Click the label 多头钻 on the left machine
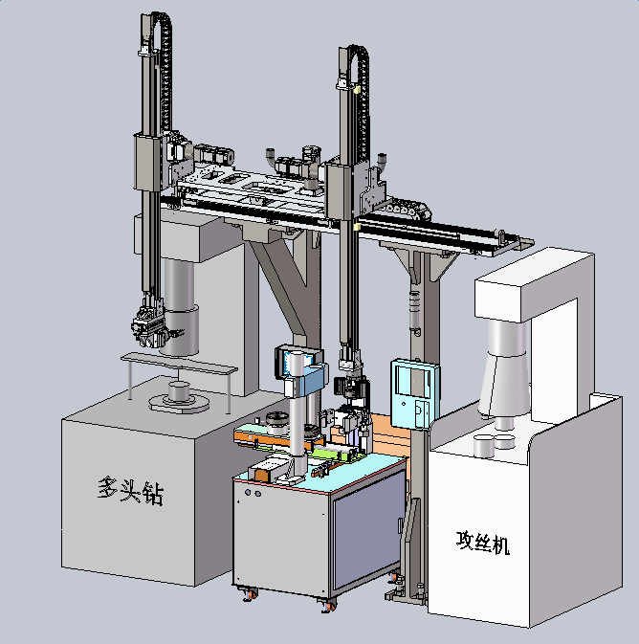pyautogui.click(x=131, y=490)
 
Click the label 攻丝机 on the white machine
pyautogui.click(x=483, y=543)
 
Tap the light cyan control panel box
pyautogui.click(x=415, y=394)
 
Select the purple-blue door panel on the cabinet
pyautogui.click(x=368, y=530)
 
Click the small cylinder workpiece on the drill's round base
pyautogui.click(x=180, y=391)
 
